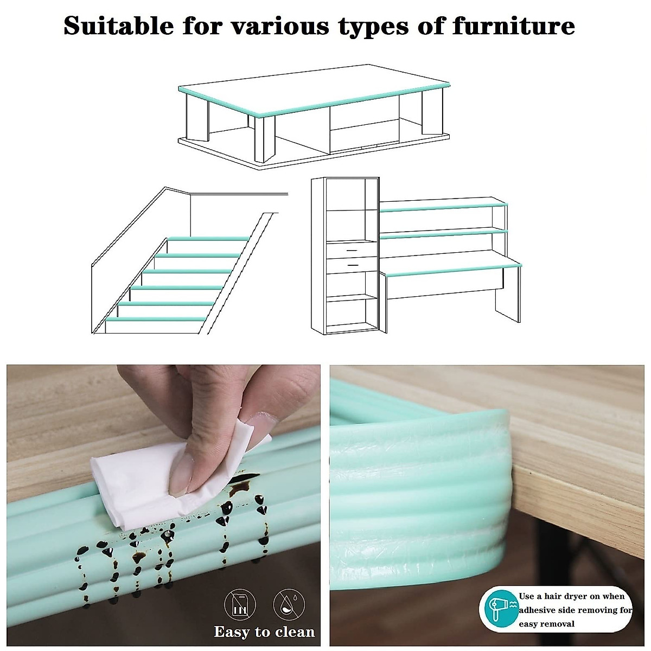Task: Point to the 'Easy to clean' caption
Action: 264,632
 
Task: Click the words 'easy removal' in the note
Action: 547,624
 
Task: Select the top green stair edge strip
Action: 208,238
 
